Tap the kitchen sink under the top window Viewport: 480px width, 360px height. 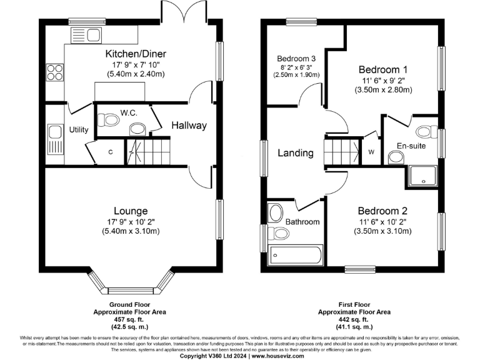[x=87, y=34]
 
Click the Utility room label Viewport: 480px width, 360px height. [x=78, y=130]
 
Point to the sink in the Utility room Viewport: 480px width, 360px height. [x=54, y=132]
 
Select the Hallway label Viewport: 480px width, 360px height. [x=189, y=126]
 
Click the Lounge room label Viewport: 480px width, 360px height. [x=131, y=211]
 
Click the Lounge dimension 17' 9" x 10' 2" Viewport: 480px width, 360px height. [x=131, y=221]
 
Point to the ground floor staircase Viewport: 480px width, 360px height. [x=147, y=152]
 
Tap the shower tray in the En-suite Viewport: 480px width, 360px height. [x=424, y=177]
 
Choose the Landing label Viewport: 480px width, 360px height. [x=296, y=152]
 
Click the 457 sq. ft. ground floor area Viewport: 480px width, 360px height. [x=130, y=318]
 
